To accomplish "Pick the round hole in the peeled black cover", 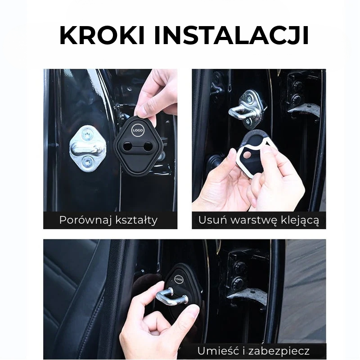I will coord(247,155).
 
